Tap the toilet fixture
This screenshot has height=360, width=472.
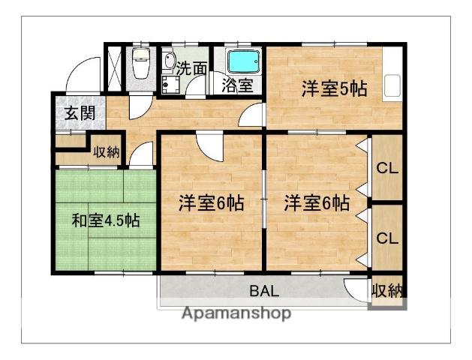click(141, 64)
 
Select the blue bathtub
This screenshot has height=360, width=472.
click(244, 61)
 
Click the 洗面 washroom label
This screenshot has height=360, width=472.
click(192, 68)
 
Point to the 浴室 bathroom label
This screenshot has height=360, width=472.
click(237, 85)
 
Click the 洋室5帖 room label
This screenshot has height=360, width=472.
click(334, 88)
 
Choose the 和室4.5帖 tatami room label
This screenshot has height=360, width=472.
click(106, 220)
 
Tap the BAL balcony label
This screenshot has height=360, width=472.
click(264, 291)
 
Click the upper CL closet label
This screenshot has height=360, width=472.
click(387, 169)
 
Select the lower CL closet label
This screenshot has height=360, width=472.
click(387, 238)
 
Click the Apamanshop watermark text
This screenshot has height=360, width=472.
click(236, 313)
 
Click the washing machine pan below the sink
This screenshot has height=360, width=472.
click(170, 84)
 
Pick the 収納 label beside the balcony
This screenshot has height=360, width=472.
click(387, 290)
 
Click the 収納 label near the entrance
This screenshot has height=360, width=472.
click(107, 152)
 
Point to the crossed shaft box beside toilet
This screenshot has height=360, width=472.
click(114, 68)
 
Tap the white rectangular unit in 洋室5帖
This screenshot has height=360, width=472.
click(392, 85)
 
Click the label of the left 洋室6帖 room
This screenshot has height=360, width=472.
click(211, 203)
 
